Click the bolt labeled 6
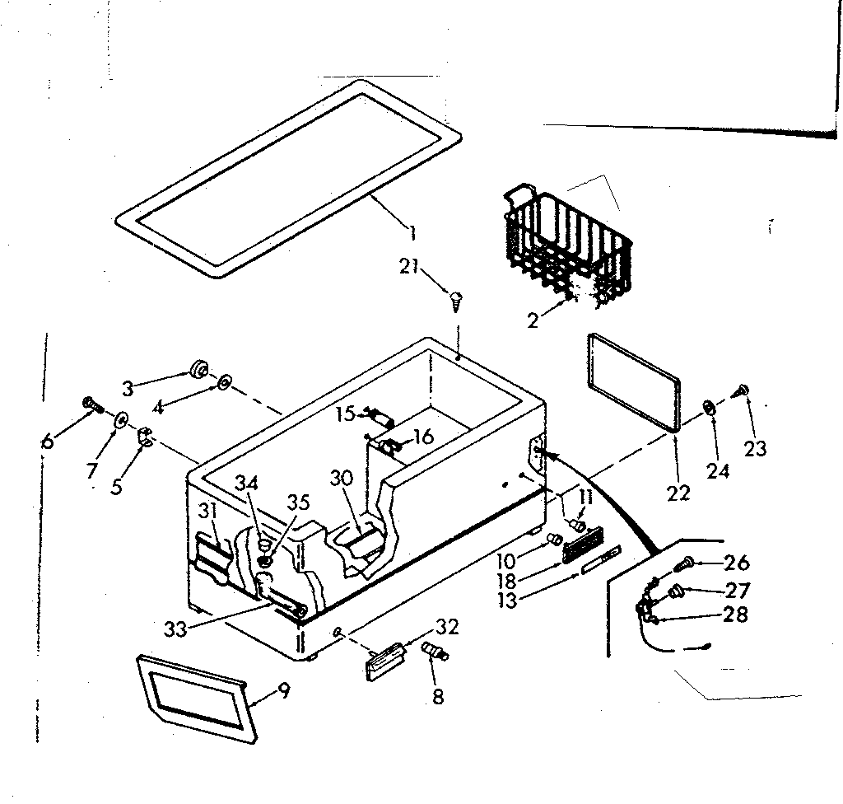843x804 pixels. coord(90,404)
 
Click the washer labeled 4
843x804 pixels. coord(224,382)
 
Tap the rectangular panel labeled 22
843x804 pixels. coord(632,381)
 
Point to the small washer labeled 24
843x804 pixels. coord(708,408)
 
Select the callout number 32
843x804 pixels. coord(445,626)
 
